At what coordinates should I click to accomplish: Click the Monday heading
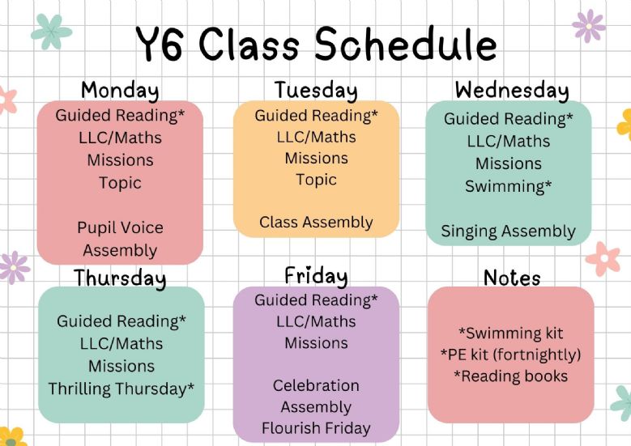point(120,90)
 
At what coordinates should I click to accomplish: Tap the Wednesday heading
point(512,90)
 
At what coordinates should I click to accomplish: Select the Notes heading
point(512,278)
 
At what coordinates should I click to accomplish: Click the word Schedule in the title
point(406,44)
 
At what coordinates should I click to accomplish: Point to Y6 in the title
point(160,45)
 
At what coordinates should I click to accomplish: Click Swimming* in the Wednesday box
point(508,186)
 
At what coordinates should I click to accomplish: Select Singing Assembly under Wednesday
point(508,231)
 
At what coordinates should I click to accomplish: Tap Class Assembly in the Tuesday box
point(316,223)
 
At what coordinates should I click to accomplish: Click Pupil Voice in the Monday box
point(120,227)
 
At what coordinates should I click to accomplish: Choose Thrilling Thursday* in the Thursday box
point(122,389)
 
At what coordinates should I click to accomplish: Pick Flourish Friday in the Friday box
point(316,428)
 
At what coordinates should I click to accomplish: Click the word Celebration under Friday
point(316,385)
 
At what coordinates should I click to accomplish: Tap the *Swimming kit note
point(510,333)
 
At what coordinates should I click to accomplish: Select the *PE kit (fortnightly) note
point(510,355)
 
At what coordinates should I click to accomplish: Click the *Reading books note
point(510,376)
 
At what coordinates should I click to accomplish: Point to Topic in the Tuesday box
point(316,180)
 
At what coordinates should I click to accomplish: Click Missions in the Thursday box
point(122,367)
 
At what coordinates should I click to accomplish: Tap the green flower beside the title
point(51,32)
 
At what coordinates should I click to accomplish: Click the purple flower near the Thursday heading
point(14,267)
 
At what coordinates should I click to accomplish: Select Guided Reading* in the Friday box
point(316,300)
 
